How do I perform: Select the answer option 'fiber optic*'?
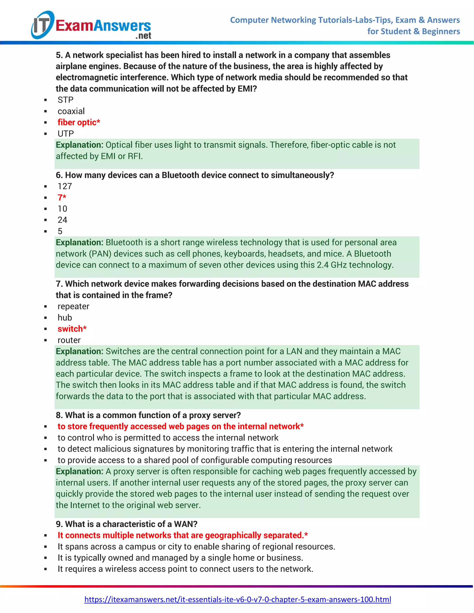[79, 122]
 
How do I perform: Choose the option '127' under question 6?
[65, 186]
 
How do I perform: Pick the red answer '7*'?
[62, 198]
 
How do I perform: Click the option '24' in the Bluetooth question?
[62, 220]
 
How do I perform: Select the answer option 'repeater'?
[73, 306]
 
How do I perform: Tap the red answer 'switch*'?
[72, 329]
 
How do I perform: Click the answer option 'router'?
[69, 340]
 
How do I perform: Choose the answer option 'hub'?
[65, 318]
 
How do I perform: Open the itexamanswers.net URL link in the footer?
[237, 600]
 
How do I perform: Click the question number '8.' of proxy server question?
[59, 415]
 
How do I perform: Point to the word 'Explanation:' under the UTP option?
[79, 145]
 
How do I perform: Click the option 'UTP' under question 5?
[66, 134]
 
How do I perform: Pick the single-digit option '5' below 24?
[60, 231]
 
